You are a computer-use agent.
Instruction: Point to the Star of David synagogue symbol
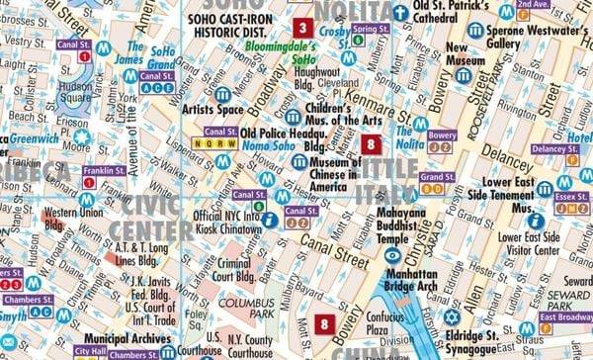[x=452, y=317]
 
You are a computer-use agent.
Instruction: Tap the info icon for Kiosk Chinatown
[x=269, y=219]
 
